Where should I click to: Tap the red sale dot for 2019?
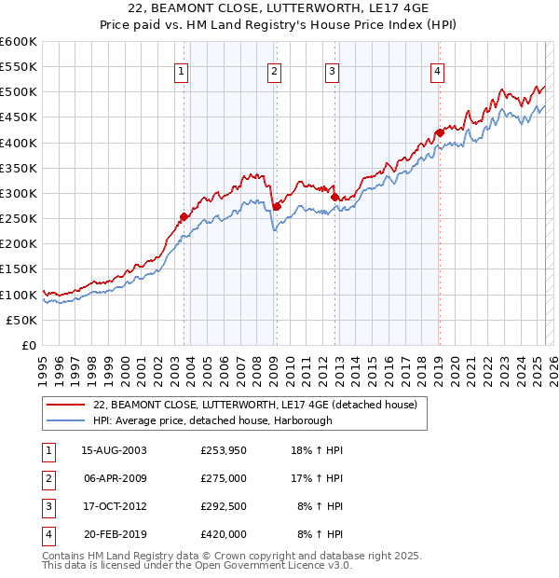tap(439, 132)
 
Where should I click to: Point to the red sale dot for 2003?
tap(184, 216)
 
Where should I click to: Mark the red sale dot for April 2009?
tap(277, 206)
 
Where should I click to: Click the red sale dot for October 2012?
tap(334, 197)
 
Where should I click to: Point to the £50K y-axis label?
tap(21, 320)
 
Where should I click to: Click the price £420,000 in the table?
tap(224, 534)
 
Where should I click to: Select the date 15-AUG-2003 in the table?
tap(115, 449)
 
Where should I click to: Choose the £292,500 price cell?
tap(224, 506)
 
